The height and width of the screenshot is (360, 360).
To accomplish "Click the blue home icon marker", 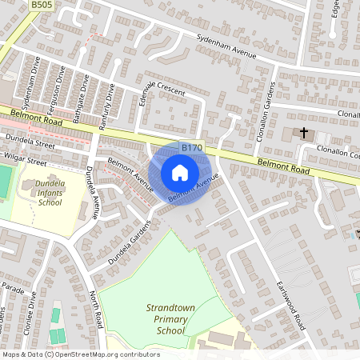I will (180, 173).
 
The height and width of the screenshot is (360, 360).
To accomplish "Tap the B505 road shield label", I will (42, 5).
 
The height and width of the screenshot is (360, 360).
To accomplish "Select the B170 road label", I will (191, 148).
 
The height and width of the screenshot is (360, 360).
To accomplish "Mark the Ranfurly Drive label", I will (105, 106).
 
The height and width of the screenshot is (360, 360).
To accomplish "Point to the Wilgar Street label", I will (24, 161).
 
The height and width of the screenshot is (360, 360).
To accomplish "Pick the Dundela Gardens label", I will (128, 238).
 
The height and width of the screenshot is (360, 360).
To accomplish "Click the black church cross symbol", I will (304, 132).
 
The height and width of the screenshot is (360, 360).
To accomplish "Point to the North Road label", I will (96, 309).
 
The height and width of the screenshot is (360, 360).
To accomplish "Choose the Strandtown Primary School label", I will (169, 318).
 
